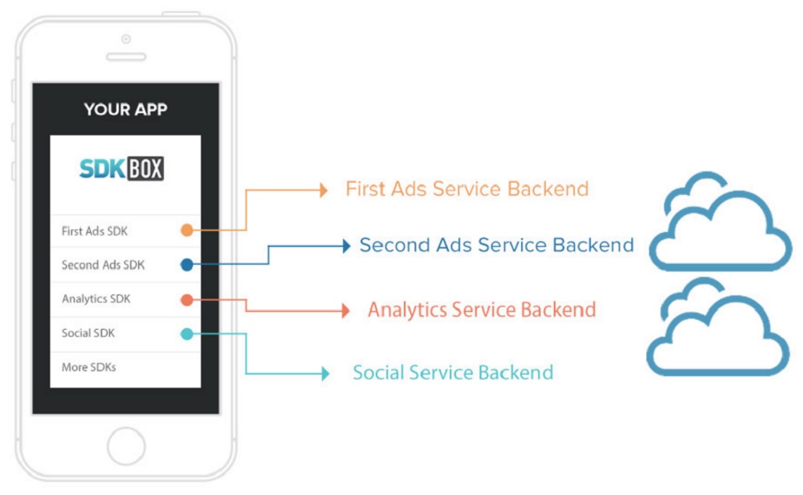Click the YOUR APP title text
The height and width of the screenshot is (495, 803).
tap(125, 109)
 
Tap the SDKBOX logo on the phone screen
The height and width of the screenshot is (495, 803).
tap(121, 168)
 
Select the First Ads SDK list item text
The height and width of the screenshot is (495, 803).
tap(94, 231)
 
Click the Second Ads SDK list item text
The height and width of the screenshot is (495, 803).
tap(103, 265)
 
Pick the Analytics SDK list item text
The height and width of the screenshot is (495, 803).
tap(96, 299)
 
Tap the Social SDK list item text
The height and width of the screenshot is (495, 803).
tap(88, 333)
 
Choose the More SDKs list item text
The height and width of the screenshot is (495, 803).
tap(88, 367)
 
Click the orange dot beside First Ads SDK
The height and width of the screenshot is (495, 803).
tap(187, 230)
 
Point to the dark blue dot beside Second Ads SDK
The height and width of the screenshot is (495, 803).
tap(187, 265)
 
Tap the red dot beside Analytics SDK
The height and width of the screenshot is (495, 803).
tap(187, 300)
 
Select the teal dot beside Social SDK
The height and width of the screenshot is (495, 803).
tap(187, 335)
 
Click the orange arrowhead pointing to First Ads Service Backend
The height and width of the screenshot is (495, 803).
tap(324, 190)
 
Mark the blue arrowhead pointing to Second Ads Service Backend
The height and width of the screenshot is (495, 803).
tap(347, 246)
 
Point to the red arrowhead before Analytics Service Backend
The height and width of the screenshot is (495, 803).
tap(346, 310)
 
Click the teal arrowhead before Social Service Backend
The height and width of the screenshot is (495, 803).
tap(325, 373)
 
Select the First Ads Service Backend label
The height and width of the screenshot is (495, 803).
tap(467, 189)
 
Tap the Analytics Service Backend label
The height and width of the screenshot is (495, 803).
tap(482, 310)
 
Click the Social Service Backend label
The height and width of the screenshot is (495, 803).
tap(453, 373)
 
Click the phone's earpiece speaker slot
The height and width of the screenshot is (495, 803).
tap(126, 57)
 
